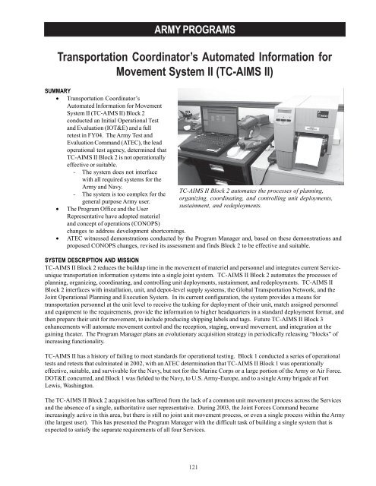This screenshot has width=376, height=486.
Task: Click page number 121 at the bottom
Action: [x=188, y=468]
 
